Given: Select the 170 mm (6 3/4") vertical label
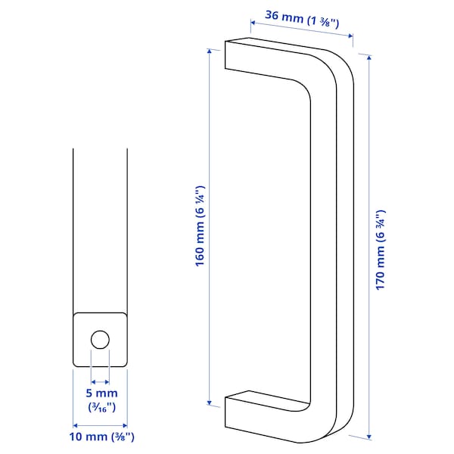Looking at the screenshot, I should [x=381, y=250].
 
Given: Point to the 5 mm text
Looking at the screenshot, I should [x=100, y=393].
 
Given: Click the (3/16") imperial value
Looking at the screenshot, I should [x=100, y=407].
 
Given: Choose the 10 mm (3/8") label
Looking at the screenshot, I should [x=100, y=437].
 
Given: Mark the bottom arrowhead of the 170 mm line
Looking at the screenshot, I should [x=368, y=437].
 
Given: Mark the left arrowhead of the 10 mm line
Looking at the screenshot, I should [x=75, y=424].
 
